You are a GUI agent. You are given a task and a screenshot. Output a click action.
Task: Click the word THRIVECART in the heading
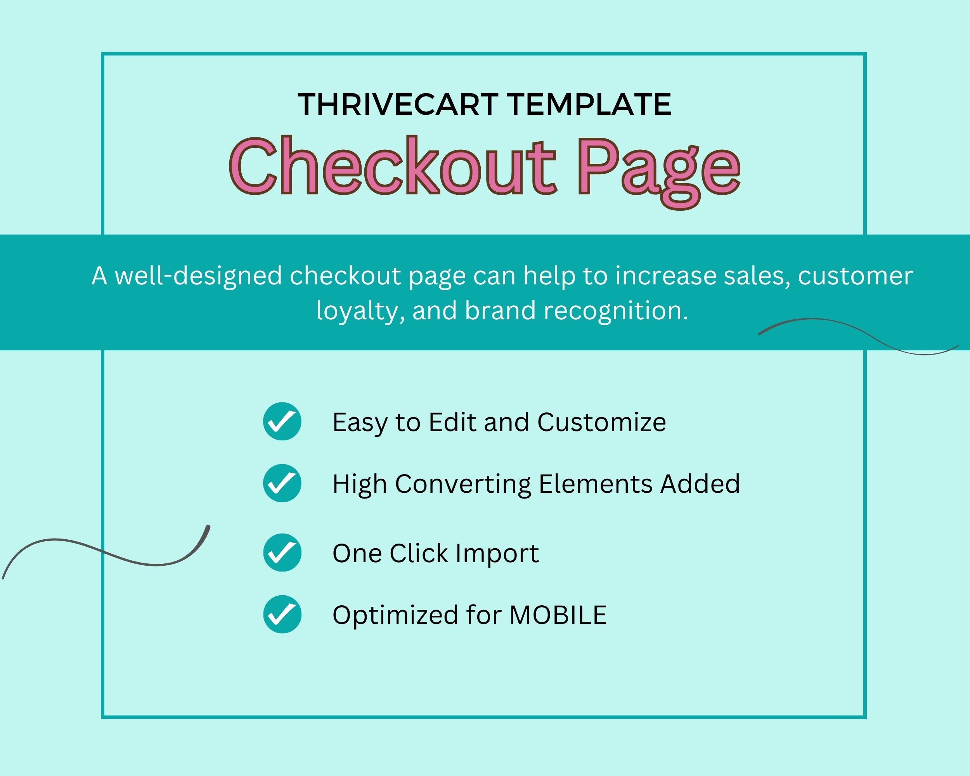tap(398, 104)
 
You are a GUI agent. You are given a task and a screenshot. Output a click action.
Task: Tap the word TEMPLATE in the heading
tap(590, 104)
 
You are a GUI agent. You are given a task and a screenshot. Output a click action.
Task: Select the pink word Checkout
tap(393, 166)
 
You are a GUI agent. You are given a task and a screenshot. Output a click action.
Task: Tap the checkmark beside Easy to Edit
tap(282, 421)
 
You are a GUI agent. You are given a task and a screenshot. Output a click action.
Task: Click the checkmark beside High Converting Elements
tap(282, 483)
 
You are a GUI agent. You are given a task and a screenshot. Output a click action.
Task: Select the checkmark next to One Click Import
tap(282, 553)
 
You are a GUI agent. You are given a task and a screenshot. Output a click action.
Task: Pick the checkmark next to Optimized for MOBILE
tap(282, 614)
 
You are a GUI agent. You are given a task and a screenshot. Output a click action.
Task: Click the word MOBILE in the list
tap(558, 615)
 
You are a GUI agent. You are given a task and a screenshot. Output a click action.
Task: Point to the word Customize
tap(601, 422)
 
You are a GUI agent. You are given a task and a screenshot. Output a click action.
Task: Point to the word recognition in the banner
tap(616, 312)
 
